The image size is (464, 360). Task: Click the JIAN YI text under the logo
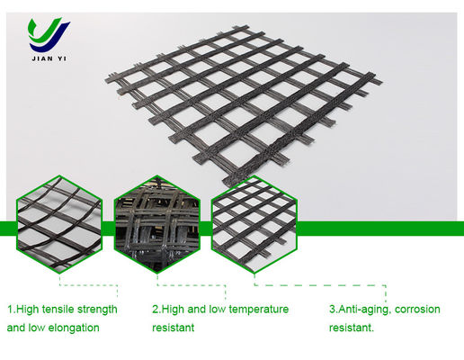[x=49, y=58]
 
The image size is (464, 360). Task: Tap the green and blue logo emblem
[x=49, y=35]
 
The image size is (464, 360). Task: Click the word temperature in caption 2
[x=260, y=310]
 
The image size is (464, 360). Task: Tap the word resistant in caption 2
[x=174, y=328]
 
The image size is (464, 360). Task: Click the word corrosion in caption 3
[x=417, y=310]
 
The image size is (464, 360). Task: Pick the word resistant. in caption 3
[x=352, y=328]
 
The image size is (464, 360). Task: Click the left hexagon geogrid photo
[x=59, y=224]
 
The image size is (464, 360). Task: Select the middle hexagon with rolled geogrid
[x=157, y=224]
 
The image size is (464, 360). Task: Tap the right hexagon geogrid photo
[x=254, y=224]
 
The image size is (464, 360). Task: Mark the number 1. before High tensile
[x=11, y=310]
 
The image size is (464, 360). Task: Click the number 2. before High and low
[x=156, y=310]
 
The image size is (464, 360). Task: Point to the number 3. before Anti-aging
[x=334, y=310]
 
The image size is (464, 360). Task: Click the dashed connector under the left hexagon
[x=88, y=285]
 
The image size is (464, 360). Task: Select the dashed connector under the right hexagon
[x=320, y=285]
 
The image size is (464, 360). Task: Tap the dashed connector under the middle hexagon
[x=192, y=285]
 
